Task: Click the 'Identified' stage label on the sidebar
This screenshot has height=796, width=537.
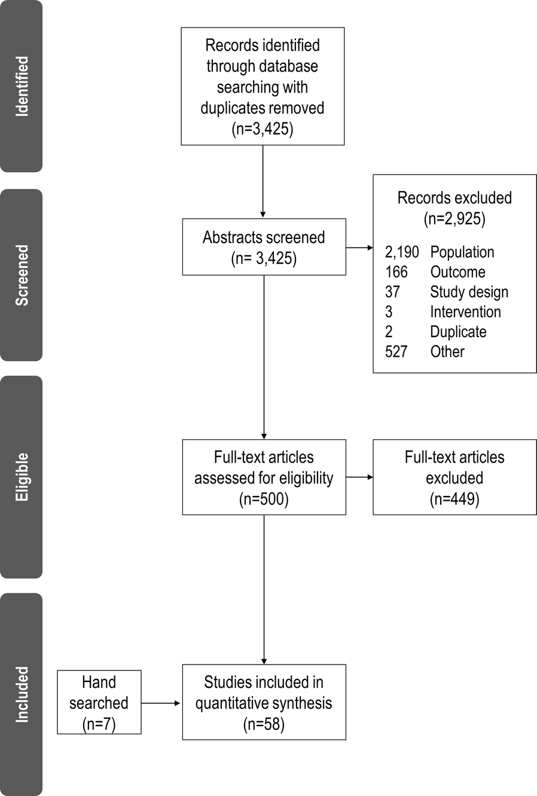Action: click(22, 86)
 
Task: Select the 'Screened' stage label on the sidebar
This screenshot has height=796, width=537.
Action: click(22, 275)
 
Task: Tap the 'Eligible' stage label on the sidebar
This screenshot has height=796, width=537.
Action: click(22, 477)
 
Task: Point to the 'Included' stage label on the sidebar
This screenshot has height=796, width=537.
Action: click(22, 694)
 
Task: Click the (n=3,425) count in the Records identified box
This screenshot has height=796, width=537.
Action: click(263, 129)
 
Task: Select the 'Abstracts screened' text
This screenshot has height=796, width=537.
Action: click(264, 237)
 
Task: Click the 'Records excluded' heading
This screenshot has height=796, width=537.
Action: click(454, 198)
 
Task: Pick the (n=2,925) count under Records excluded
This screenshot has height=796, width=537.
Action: click(454, 219)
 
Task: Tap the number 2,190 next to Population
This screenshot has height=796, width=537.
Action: click(402, 252)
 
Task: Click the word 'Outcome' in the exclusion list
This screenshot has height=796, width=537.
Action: click(457, 272)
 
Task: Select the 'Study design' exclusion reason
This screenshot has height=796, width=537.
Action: click(469, 292)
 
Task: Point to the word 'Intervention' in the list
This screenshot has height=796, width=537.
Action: click(465, 312)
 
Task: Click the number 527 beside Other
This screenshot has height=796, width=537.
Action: click(396, 351)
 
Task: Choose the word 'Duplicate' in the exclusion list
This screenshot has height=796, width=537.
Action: click(458, 332)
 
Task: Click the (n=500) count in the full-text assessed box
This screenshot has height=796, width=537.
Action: click(264, 499)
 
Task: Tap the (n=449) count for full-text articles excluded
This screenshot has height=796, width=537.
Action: click(454, 499)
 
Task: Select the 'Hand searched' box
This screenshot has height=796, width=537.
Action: click(99, 702)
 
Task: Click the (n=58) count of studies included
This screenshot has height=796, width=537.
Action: click(264, 724)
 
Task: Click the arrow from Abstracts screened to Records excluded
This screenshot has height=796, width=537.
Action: click(359, 247)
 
